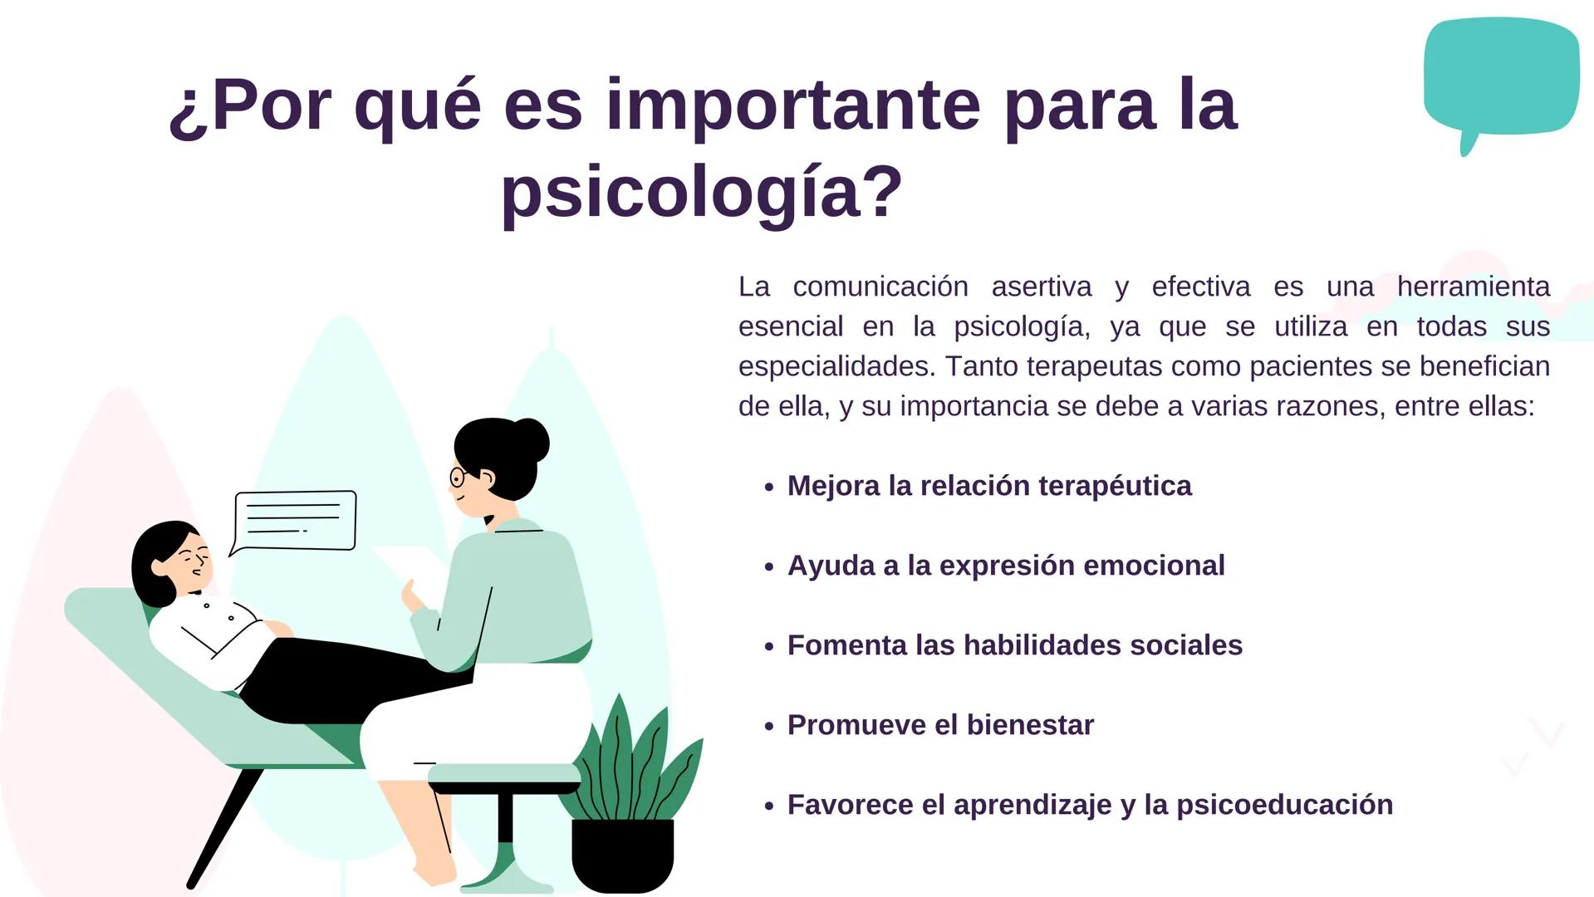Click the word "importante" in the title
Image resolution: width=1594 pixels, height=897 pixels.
click(x=793, y=105)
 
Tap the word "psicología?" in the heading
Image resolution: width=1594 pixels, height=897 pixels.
click(x=702, y=192)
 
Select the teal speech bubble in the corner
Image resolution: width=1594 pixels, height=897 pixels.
click(x=1500, y=76)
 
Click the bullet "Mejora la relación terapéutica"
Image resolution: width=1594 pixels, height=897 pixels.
click(x=988, y=486)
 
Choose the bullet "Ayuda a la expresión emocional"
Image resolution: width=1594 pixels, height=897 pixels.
click(x=1005, y=566)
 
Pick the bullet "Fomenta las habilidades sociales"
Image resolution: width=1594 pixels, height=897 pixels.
click(x=1014, y=645)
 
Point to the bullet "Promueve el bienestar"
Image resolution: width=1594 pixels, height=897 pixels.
click(x=940, y=725)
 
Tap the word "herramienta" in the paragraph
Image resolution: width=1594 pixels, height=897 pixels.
click(x=1473, y=287)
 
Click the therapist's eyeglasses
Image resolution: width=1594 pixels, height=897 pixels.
click(x=459, y=478)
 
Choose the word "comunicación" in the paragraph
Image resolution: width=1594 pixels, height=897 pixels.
click(x=880, y=287)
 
